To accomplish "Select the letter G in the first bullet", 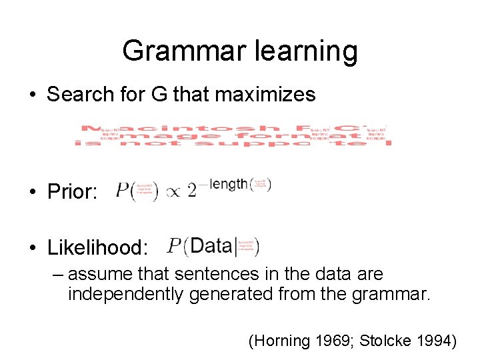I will point(159,95).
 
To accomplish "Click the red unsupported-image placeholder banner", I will point(233,135).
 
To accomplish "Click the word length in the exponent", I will point(228,184).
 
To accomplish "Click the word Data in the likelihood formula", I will point(210,246).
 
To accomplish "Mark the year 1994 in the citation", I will point(432,342).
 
